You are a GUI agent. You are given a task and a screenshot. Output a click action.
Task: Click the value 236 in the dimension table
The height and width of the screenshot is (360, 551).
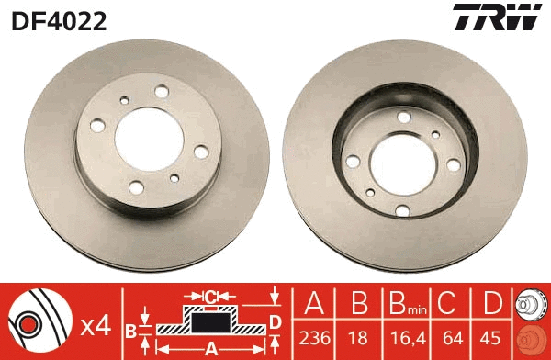click(x=314, y=337)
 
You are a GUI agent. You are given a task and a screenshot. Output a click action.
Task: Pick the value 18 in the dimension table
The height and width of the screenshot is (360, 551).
click(x=358, y=337)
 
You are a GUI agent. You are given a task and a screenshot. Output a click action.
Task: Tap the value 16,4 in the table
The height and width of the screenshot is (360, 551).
click(x=403, y=337)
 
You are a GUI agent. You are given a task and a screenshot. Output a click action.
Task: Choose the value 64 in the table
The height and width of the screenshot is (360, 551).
click(x=451, y=337)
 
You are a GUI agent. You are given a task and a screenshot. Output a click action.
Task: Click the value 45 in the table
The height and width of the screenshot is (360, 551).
click(x=494, y=337)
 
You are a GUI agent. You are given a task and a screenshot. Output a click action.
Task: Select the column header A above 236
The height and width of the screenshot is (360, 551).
click(x=314, y=304)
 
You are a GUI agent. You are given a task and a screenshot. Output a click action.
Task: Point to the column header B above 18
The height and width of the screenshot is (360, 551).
click(x=358, y=304)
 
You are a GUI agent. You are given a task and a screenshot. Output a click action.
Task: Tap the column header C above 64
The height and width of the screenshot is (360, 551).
click(x=451, y=304)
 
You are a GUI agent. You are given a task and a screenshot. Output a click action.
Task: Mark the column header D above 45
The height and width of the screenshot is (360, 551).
click(x=494, y=304)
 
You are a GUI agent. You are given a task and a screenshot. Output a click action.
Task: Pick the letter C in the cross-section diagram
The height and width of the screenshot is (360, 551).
click(x=210, y=296)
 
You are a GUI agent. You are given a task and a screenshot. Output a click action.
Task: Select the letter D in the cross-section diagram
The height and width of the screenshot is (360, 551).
click(x=275, y=321)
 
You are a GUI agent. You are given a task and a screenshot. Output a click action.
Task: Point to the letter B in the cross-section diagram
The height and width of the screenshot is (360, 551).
click(x=130, y=329)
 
